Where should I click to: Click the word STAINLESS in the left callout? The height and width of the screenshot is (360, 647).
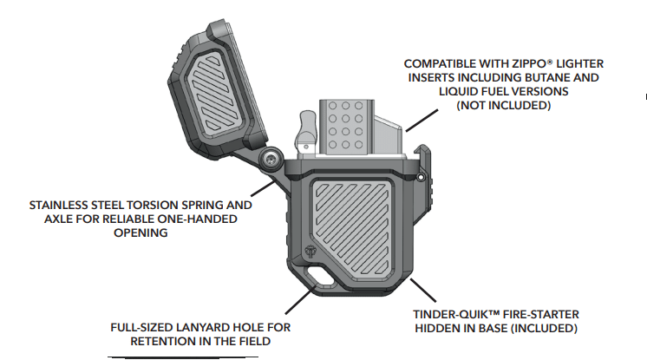point(63,206)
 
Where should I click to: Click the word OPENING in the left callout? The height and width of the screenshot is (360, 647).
point(141,233)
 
